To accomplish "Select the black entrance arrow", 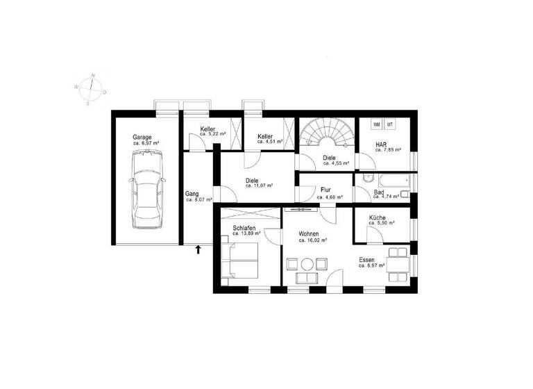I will point(198,249).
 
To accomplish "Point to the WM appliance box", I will point(377,124).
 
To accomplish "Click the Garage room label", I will point(142,138).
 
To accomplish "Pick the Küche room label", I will point(378,217).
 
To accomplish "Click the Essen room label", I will point(366,260).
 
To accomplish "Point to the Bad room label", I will point(379,192).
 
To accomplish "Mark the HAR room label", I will point(381,144).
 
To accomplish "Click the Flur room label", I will point(326,190).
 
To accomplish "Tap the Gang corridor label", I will point(192,194).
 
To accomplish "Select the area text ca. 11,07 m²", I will point(259,185).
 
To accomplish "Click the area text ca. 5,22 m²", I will point(213,133).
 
